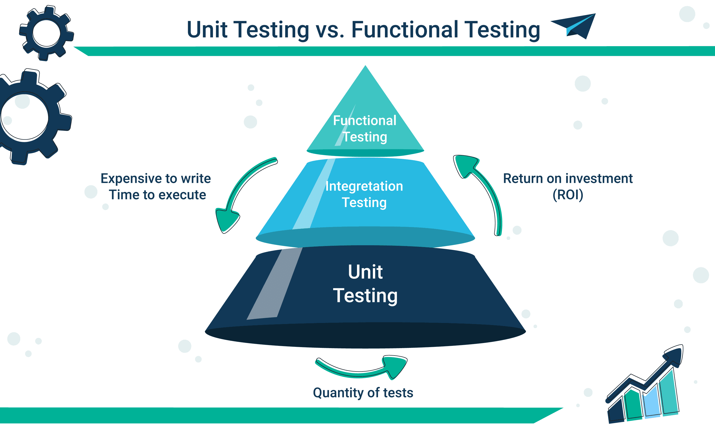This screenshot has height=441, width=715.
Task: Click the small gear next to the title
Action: point(46,33)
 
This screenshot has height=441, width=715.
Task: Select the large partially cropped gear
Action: point(29,117)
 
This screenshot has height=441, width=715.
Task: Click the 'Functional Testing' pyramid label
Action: point(364,129)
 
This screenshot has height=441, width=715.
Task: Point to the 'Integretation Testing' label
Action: point(364,194)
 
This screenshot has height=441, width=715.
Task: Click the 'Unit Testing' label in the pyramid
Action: point(365,283)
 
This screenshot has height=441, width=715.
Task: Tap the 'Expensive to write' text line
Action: point(156,179)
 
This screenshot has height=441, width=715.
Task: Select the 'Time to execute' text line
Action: point(157,195)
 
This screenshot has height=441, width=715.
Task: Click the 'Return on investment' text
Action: point(568,179)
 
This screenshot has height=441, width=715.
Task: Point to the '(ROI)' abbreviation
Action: point(568,195)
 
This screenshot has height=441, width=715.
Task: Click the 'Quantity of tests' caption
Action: point(363,393)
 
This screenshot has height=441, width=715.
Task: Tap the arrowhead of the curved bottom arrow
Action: point(396,366)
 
